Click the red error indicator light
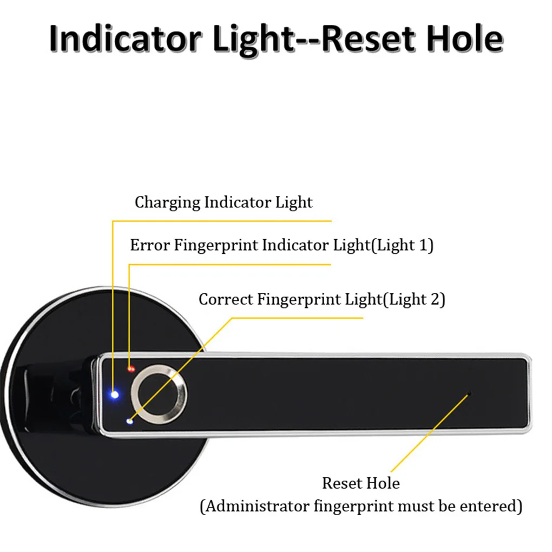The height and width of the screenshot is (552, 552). [x=131, y=369]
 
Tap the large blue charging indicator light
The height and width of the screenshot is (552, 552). [x=114, y=395]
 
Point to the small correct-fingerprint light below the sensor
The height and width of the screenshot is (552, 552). [x=129, y=421]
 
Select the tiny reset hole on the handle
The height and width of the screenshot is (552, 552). [x=469, y=393]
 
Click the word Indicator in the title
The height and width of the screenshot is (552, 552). [x=125, y=38]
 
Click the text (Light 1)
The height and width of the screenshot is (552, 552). [x=403, y=245]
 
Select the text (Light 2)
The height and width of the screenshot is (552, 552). [x=414, y=299]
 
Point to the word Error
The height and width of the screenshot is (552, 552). [x=150, y=245]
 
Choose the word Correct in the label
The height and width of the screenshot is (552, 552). [x=226, y=299]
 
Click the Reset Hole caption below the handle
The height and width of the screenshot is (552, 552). [x=361, y=483]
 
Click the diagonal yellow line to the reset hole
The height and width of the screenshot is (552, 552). [x=430, y=433]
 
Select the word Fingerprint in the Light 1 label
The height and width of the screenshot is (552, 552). [x=216, y=245]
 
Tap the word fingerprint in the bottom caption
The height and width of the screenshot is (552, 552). [x=354, y=507]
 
